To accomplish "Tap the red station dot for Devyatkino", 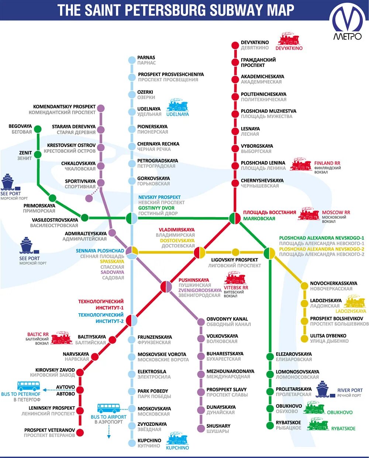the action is pyautogui.click(x=235, y=45).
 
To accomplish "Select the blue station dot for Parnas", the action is pyautogui.click(x=132, y=60).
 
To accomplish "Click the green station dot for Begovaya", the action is pyautogui.click(x=38, y=129).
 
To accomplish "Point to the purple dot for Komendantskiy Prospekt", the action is pyautogui.click(x=100, y=108).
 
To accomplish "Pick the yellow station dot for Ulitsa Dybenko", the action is pyautogui.click(x=304, y=338).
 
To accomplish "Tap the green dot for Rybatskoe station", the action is pyautogui.click(x=270, y=425).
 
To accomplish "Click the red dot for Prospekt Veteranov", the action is pyautogui.click(x=80, y=433).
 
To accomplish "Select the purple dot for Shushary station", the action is pyautogui.click(x=201, y=428).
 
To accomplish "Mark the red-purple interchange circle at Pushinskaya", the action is pyautogui.click(x=166, y=287).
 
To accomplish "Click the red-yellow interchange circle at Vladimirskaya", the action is pyautogui.click(x=200, y=253).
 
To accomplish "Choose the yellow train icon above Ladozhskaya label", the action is pyautogui.click(x=354, y=302).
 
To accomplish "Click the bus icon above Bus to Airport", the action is pyautogui.click(x=108, y=408).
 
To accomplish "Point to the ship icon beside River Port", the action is pyautogui.click(x=322, y=389).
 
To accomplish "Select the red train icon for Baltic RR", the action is pyautogui.click(x=61, y=338).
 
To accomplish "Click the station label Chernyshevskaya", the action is pyautogui.click(x=262, y=181).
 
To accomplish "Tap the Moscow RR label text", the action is pyautogui.click(x=336, y=212).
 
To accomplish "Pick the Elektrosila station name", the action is pyautogui.click(x=152, y=372).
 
